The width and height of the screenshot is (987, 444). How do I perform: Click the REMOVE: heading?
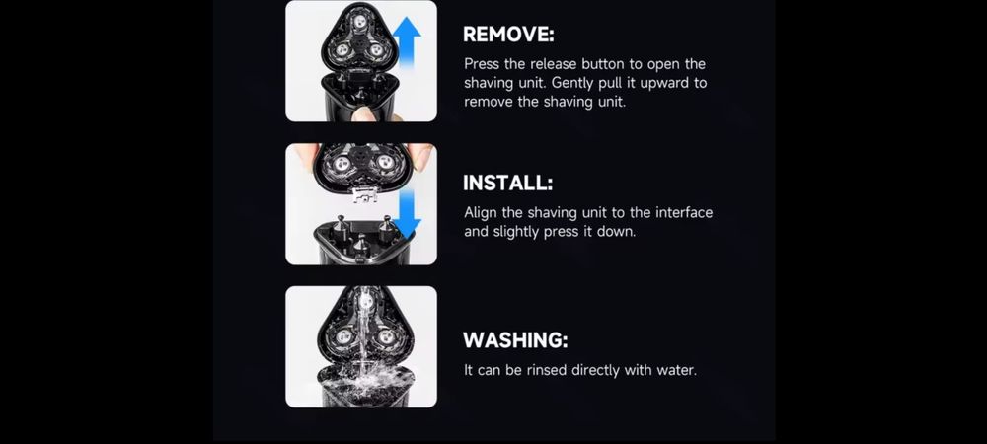(x=508, y=35)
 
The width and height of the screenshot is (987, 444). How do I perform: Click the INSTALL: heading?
(x=508, y=183)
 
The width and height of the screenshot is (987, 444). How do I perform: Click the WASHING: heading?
(x=515, y=340)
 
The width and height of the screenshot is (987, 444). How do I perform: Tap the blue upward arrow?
(x=408, y=47)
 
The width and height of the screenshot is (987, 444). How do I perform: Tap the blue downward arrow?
(x=408, y=214)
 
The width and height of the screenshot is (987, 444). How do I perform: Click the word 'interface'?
(x=684, y=212)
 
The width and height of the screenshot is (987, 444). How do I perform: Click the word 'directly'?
(x=595, y=370)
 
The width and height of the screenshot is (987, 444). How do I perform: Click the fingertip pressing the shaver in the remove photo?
(x=364, y=113)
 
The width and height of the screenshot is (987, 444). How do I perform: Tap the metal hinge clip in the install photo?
(x=360, y=195)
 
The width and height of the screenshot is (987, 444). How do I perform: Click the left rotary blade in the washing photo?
(x=343, y=336)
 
